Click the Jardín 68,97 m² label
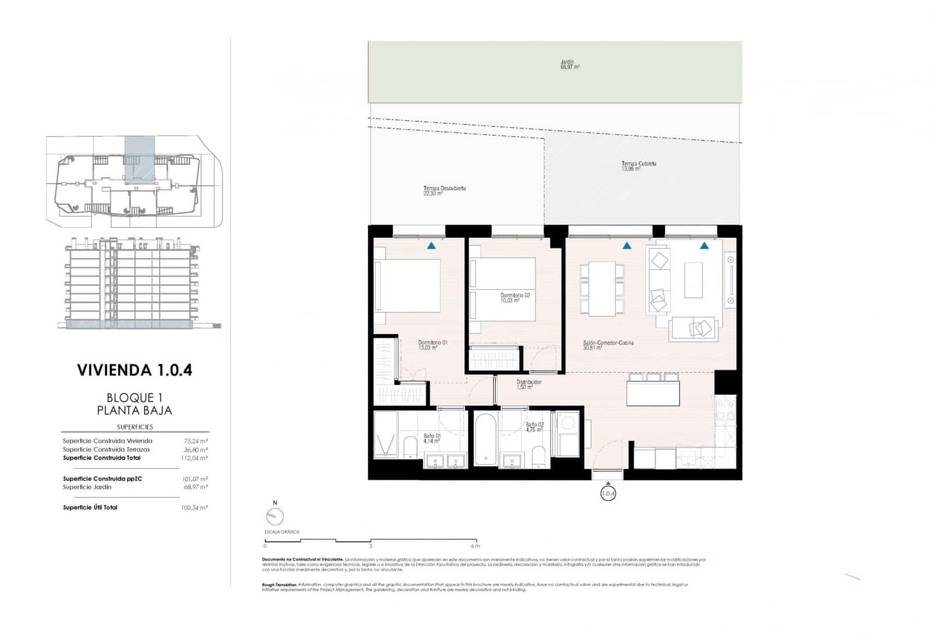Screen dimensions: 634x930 tap(569, 65)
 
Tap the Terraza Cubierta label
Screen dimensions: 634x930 tap(638, 166)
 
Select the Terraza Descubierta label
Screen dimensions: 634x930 tap(444, 191)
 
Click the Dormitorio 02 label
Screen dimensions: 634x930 tap(515, 298)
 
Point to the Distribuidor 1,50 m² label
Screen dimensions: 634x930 tap(528, 384)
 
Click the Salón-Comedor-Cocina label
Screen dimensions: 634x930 tap(608, 345)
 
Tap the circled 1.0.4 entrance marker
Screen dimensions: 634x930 tap(607, 494)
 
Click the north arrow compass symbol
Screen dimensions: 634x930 tap(274, 516)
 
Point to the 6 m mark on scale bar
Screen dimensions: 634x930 tap(475, 546)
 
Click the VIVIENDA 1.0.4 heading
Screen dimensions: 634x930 tap(134, 370)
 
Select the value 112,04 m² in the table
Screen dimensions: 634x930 tap(194, 458)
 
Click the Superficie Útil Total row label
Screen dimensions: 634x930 tap(90, 507)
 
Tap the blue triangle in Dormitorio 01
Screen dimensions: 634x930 tap(431, 246)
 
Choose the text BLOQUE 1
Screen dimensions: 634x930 tap(134, 397)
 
